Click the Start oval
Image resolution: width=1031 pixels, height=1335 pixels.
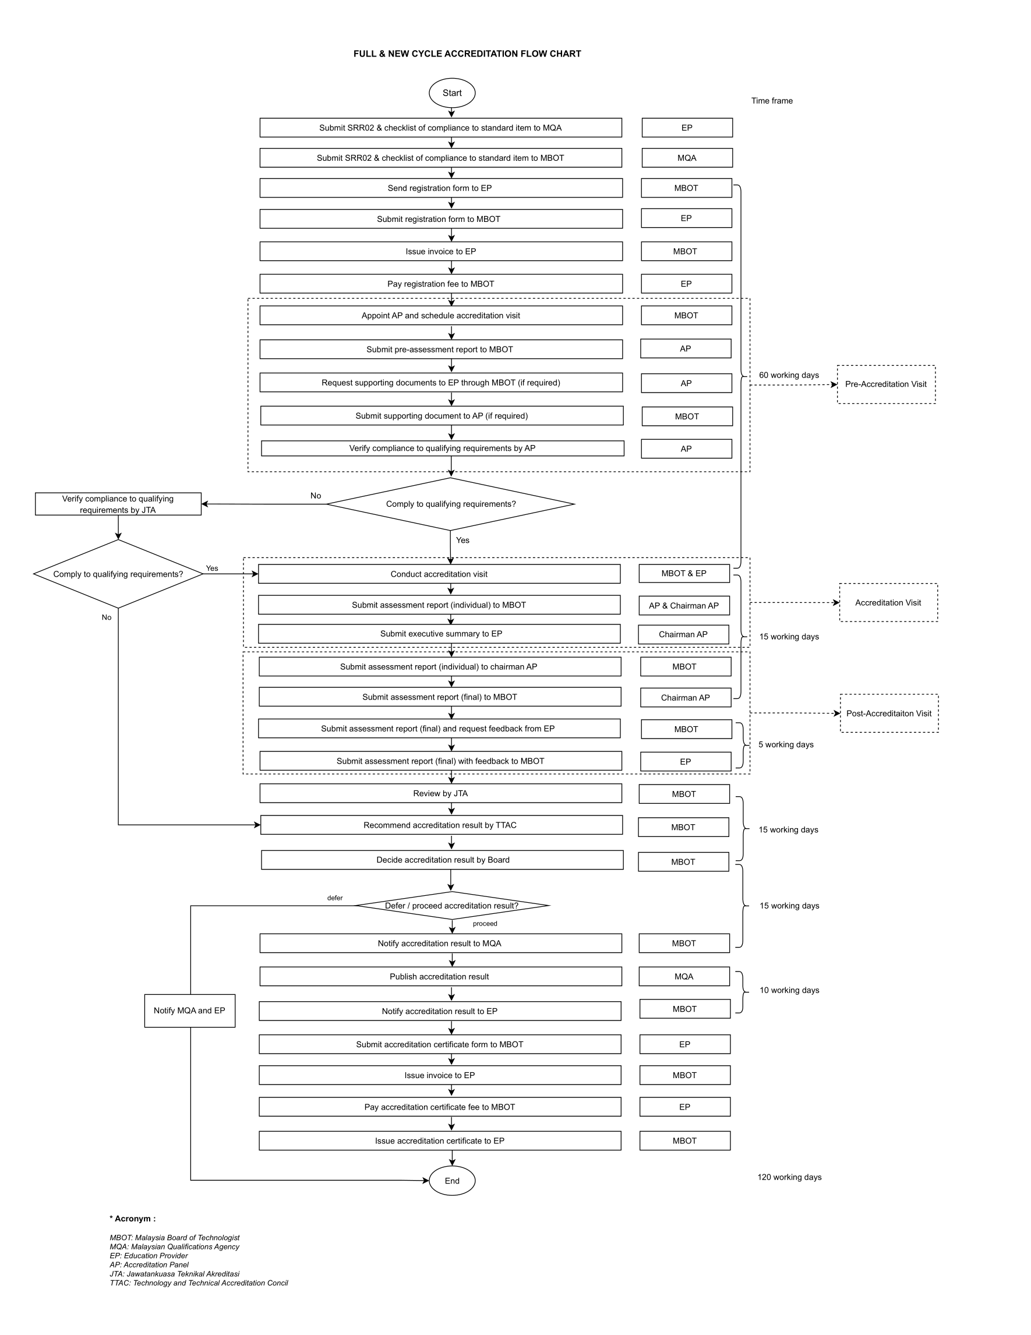pyautogui.click(x=451, y=93)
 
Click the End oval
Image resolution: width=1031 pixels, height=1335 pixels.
pyautogui.click(x=451, y=1180)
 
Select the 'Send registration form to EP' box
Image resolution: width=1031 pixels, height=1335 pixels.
pyautogui.click(x=440, y=188)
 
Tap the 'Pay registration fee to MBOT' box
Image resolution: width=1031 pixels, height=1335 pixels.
pyautogui.click(x=440, y=284)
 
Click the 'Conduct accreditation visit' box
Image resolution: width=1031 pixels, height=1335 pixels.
pyautogui.click(x=439, y=574)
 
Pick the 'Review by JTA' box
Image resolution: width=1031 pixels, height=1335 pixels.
pyautogui.click(x=440, y=793)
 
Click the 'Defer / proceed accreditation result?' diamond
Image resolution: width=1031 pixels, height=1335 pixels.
pyautogui.click(x=451, y=905)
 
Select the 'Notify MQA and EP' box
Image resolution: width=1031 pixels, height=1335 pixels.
pyautogui.click(x=189, y=1011)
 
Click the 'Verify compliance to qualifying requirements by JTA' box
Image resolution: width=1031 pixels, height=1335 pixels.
pyautogui.click(x=118, y=504)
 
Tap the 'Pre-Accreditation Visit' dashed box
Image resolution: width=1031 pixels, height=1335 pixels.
pyautogui.click(x=885, y=384)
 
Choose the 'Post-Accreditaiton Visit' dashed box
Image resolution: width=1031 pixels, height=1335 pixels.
pyautogui.click(x=889, y=714)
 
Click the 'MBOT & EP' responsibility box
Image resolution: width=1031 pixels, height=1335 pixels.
pyautogui.click(x=684, y=573)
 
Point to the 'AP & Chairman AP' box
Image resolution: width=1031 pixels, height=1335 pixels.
pyautogui.click(x=684, y=606)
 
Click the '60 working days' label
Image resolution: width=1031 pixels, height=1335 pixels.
pyautogui.click(x=788, y=375)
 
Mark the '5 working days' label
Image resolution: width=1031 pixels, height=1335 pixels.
pyautogui.click(x=786, y=744)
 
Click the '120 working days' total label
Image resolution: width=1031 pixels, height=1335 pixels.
pyautogui.click(x=789, y=1177)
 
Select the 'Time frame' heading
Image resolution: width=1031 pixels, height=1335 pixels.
pyautogui.click(x=772, y=101)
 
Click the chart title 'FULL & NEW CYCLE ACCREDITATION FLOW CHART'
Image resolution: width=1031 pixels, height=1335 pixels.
pyautogui.click(x=467, y=54)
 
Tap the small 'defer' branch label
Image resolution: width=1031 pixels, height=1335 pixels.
pyautogui.click(x=335, y=898)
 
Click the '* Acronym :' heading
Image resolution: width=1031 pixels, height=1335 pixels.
pyautogui.click(x=133, y=1219)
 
